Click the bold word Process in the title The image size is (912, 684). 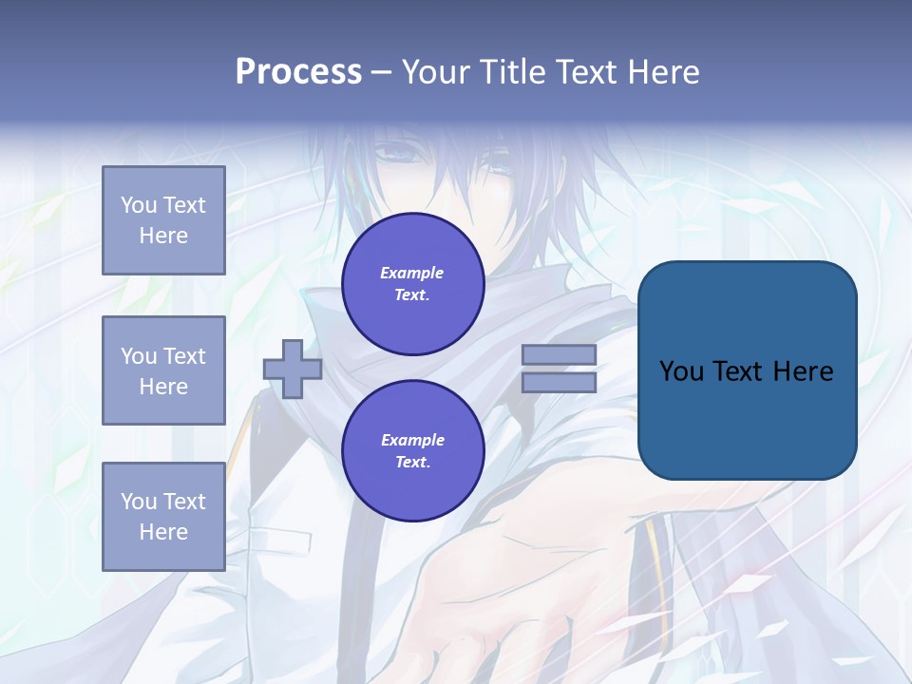(298, 72)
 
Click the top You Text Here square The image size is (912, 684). (163, 220)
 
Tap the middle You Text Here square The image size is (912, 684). (163, 370)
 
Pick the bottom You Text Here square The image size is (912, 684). (163, 516)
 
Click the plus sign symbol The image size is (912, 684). (293, 369)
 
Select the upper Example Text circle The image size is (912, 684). (412, 284)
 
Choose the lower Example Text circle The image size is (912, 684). (412, 451)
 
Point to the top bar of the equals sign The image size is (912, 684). (559, 354)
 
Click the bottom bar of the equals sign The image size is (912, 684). (559, 382)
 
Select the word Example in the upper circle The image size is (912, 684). (412, 273)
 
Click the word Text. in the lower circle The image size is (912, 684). (412, 463)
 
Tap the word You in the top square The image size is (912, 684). (139, 205)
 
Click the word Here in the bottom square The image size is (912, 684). (163, 532)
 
